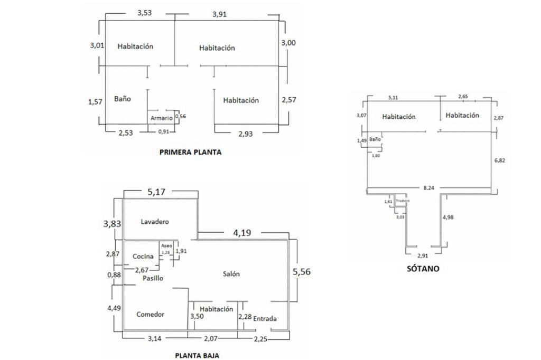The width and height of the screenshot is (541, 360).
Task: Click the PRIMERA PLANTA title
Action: point(190,152)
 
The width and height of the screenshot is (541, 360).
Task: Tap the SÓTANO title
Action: point(423,268)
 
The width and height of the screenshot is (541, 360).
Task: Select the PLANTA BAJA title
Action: point(197,355)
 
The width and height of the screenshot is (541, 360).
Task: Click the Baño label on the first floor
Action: point(123,99)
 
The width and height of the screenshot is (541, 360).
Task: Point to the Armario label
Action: point(161,118)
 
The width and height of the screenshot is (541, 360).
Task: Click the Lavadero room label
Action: point(155,222)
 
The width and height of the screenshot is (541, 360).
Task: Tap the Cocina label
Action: point(143,257)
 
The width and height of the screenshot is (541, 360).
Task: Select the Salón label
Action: point(231,273)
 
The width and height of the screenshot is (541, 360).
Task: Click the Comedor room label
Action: point(150,314)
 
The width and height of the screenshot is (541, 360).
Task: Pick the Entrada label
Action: point(265,318)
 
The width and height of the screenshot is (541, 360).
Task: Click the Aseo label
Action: point(166,246)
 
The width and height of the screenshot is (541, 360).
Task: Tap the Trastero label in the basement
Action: point(403,201)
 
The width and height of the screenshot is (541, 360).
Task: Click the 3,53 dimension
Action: point(144,13)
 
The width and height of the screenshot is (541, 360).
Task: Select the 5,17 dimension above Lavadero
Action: point(157,192)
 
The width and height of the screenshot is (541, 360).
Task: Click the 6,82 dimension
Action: point(499,160)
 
